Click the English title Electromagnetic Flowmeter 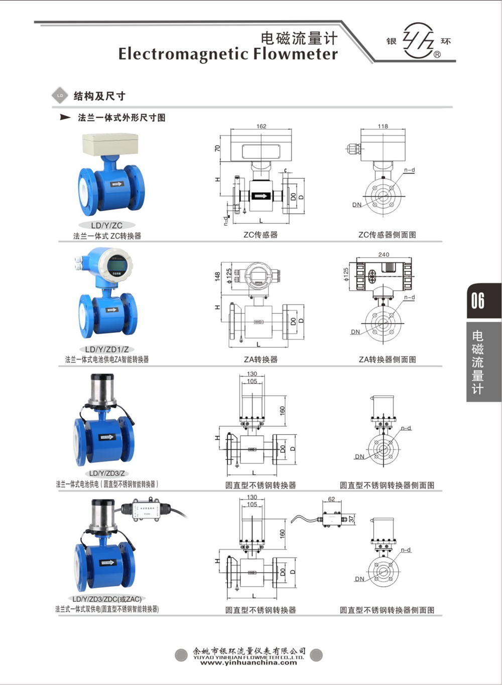pos(228,54)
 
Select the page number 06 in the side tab pos(478,301)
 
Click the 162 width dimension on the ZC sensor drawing pos(261,126)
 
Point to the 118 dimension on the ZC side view pos(383,126)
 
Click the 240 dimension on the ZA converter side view pos(384,254)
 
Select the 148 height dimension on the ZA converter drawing pos(217,276)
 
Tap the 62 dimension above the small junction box pos(331,499)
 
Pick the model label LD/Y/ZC pos(106,225)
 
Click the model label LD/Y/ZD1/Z pos(106,349)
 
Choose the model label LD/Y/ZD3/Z pos(106,473)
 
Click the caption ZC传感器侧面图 pos(387,235)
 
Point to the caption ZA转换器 pos(261,360)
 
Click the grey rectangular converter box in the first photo pos(110,144)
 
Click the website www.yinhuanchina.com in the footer pos(248,662)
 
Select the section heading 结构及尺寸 pos(99,96)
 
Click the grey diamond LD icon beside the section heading pos(60,95)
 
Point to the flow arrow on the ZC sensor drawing pos(260,196)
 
